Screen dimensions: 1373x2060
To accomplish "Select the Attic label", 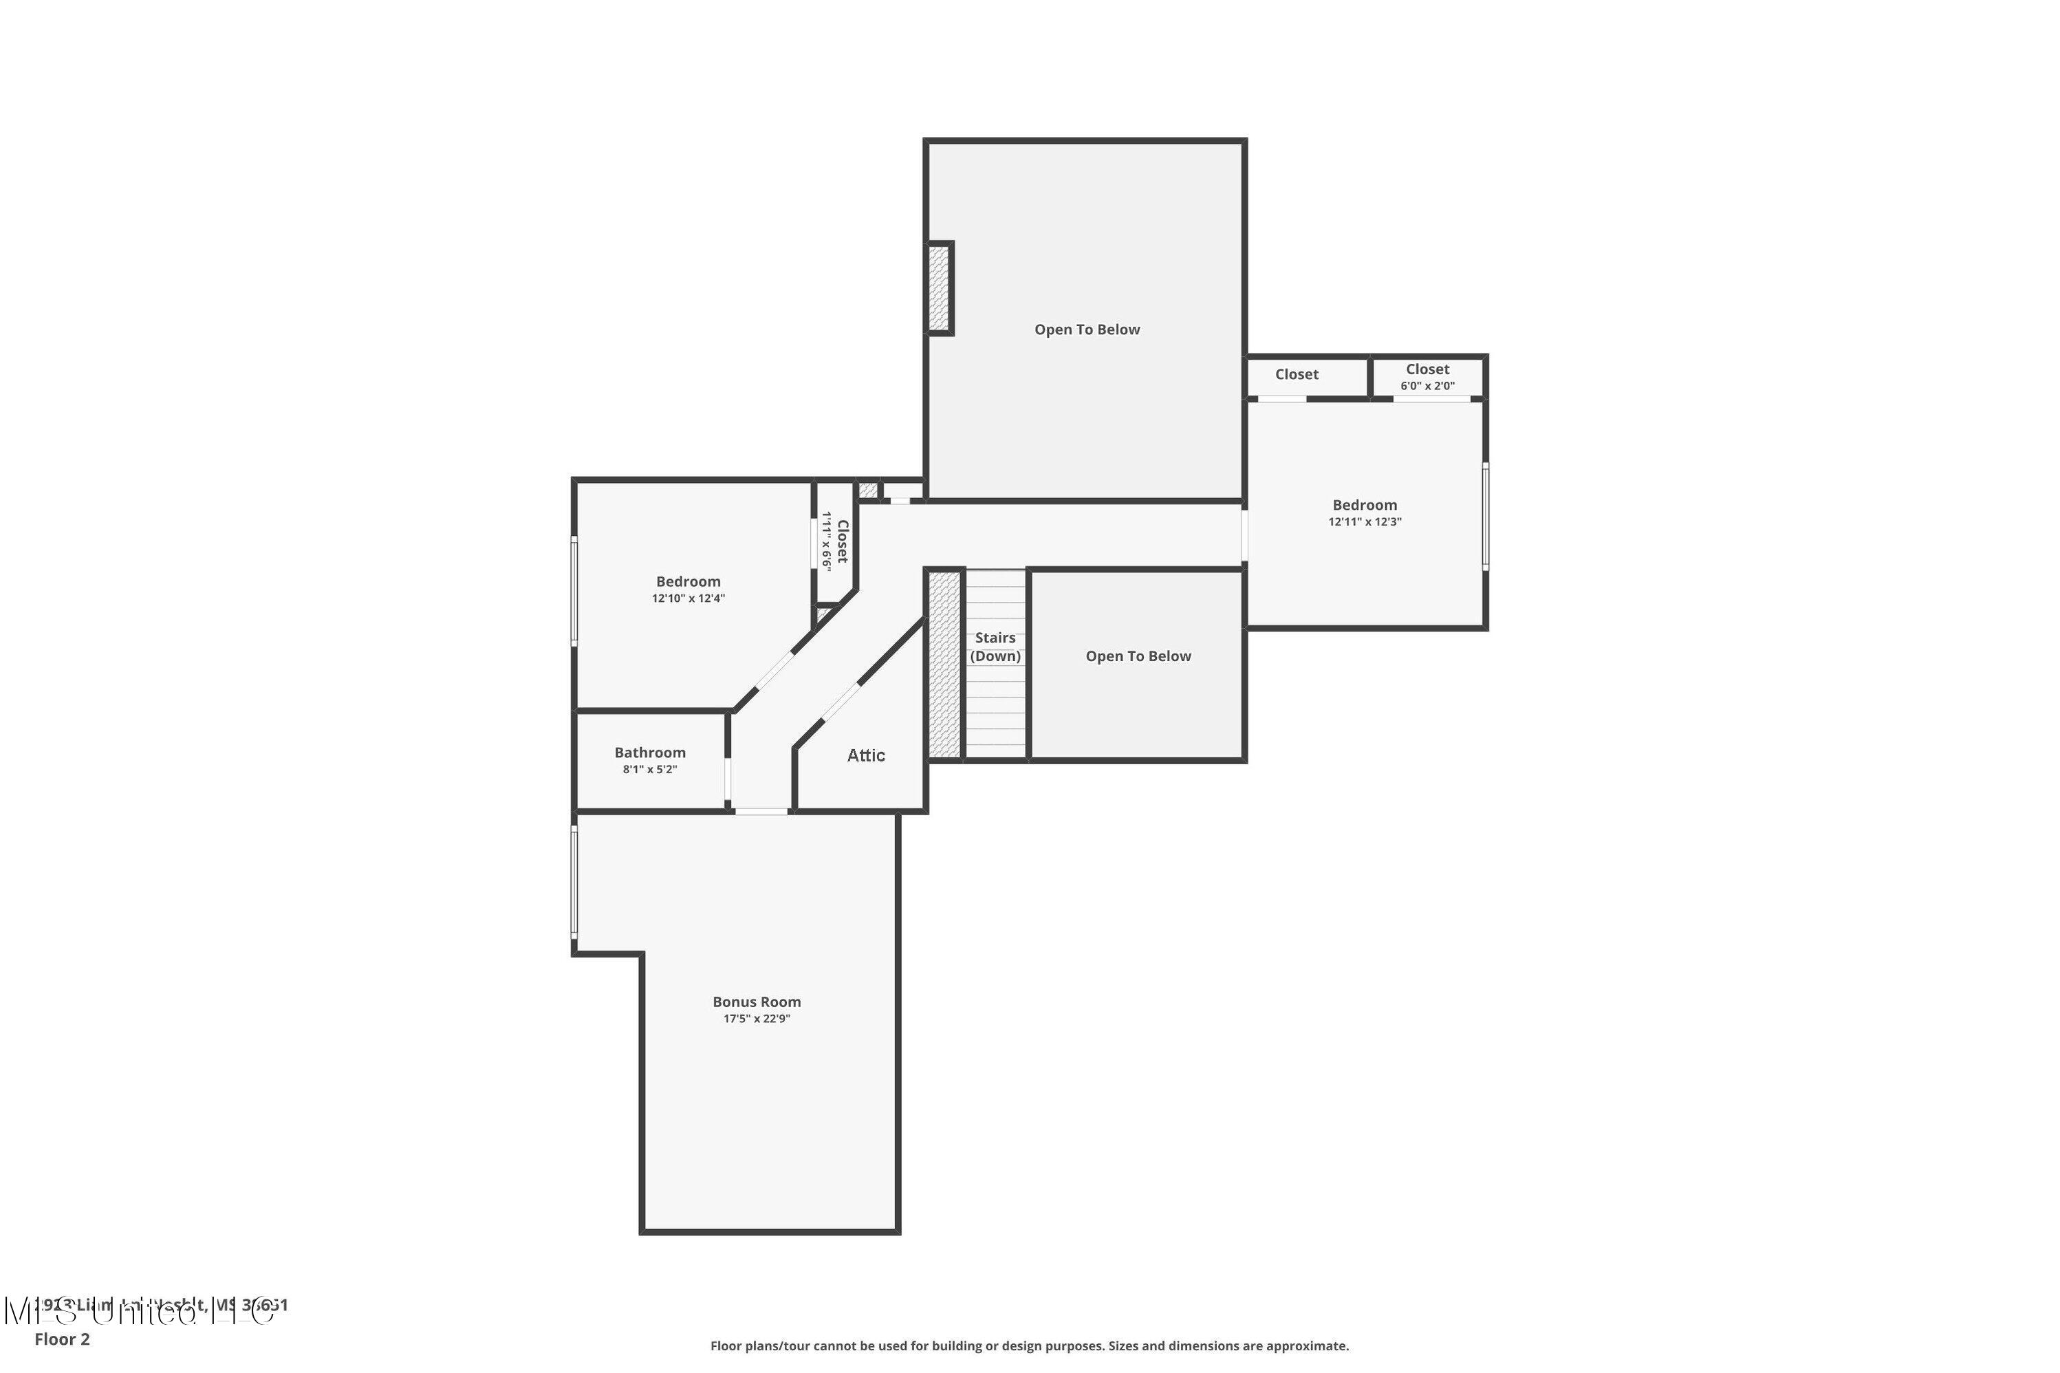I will click(x=865, y=755).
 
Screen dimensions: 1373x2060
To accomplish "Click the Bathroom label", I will click(x=649, y=752).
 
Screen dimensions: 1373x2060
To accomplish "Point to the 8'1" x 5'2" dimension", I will click(x=649, y=769).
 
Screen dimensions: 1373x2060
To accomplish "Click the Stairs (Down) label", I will click(x=995, y=646).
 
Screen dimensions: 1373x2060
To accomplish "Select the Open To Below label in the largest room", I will click(x=1087, y=329).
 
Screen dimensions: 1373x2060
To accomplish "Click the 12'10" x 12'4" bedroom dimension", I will click(x=687, y=598).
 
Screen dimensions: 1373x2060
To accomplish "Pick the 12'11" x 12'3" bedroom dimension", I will click(x=1364, y=521).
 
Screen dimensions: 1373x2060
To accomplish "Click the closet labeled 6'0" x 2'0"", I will click(x=1427, y=376).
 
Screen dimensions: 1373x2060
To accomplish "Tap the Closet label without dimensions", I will click(x=1296, y=374).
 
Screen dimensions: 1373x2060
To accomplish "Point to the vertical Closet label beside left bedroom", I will click(x=842, y=541).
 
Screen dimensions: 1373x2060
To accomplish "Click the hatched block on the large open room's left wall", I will click(x=937, y=288).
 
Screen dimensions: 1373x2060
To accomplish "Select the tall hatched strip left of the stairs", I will click(x=944, y=664).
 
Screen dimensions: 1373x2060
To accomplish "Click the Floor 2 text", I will click(x=61, y=1338).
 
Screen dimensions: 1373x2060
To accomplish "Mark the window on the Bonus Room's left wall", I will click(x=574, y=883).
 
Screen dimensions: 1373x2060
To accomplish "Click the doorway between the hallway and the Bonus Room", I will click(x=760, y=811).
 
